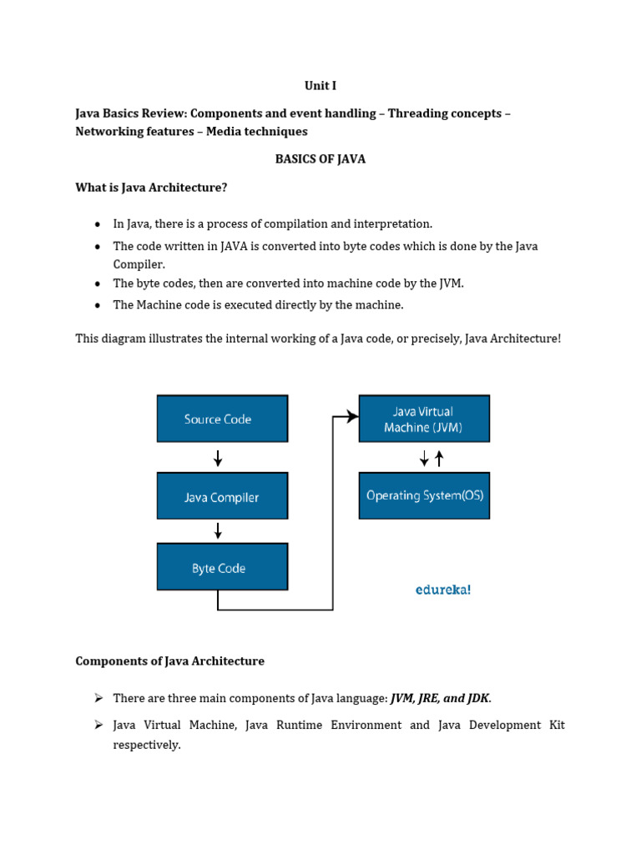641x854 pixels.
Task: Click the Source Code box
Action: point(222,419)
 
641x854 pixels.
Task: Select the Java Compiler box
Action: point(222,496)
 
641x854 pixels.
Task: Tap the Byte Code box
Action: point(222,567)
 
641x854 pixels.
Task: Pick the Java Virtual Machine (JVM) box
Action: point(423,419)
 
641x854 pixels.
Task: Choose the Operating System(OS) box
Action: point(423,495)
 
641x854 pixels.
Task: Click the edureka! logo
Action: point(443,590)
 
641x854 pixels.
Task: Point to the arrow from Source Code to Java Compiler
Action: point(218,458)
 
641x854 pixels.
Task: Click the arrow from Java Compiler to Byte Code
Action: point(218,530)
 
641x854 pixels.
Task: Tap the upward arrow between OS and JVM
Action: point(439,458)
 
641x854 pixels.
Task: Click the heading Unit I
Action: point(320,85)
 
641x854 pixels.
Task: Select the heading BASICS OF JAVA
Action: point(320,159)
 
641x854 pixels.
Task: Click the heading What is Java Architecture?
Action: point(151,188)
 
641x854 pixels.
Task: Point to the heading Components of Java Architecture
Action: point(169,661)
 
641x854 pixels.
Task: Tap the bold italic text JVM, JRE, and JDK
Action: point(441,698)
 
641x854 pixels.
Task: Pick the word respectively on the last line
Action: point(147,745)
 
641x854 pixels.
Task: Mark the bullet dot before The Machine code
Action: point(98,305)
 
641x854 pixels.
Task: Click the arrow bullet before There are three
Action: point(98,697)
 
